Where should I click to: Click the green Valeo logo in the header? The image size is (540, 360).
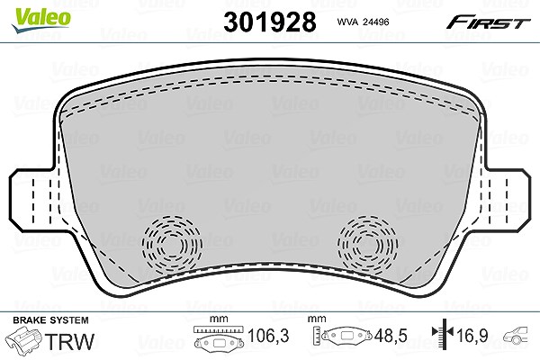tap(41, 20)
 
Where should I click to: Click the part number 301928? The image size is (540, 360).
tap(270, 22)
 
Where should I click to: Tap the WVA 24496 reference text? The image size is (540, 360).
tap(363, 22)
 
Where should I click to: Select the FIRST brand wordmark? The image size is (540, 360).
tap(488, 23)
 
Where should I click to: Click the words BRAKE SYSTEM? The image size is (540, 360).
tap(50, 320)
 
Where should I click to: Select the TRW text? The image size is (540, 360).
tap(69, 342)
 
